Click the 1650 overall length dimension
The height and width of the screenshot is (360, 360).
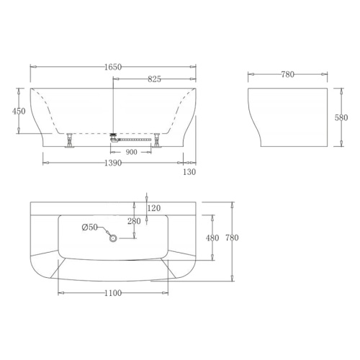(113, 67)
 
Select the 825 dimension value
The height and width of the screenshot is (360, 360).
(154, 79)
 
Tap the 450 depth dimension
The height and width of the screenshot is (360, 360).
(19, 111)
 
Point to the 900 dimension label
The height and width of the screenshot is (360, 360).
(131, 152)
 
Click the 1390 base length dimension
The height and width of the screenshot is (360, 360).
(113, 163)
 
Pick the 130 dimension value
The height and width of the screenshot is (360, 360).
(189, 172)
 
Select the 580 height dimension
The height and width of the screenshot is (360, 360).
(341, 117)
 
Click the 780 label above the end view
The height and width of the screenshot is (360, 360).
(288, 75)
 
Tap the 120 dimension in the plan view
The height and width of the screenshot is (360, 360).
(154, 208)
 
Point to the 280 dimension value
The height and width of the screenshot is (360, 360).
(134, 221)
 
